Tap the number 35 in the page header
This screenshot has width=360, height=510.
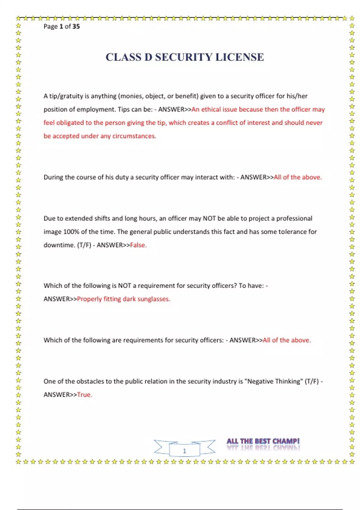pos(76,26)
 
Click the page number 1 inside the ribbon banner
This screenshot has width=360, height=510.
pos(184,451)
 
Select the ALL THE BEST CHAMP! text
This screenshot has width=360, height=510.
pos(263,441)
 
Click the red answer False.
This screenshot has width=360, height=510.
pos(138,245)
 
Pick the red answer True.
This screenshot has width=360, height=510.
pos(85,395)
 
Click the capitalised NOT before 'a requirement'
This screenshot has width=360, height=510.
pos(124,286)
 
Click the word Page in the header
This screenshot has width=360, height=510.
pos(50,26)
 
